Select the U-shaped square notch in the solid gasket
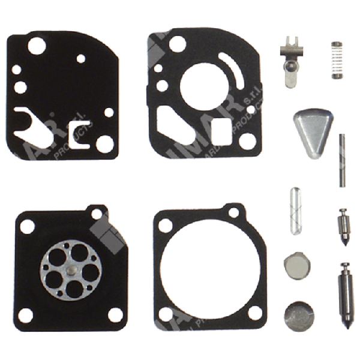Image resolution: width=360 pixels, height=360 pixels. click(x=79, y=130)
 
